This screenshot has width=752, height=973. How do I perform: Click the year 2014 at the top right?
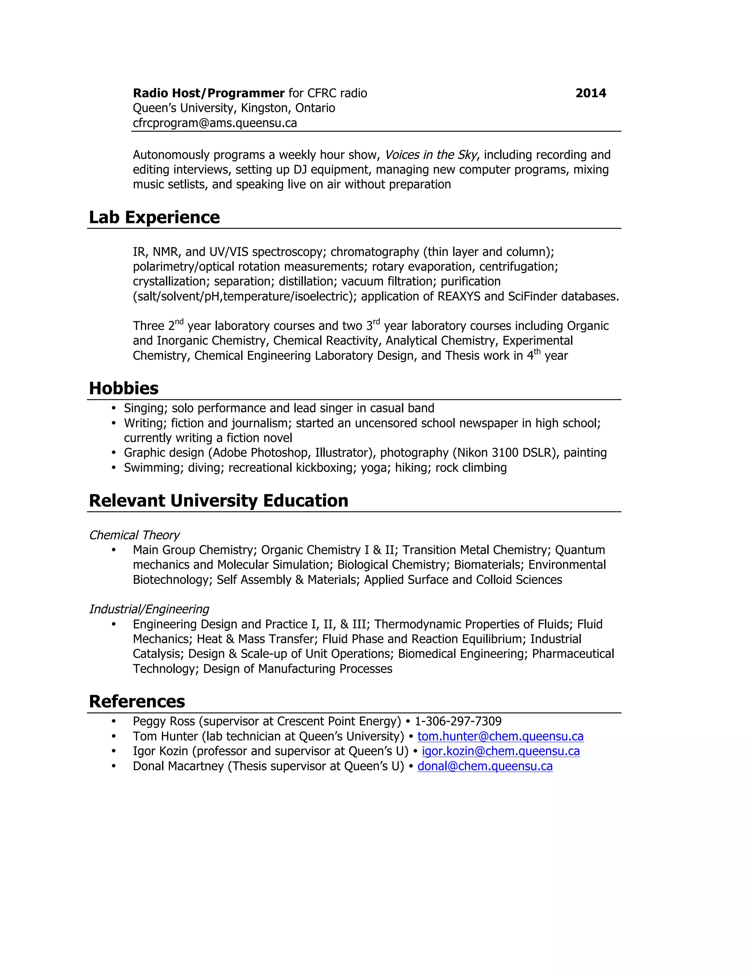pyautogui.click(x=590, y=93)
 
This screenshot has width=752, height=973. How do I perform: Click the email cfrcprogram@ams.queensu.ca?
pyautogui.click(x=215, y=123)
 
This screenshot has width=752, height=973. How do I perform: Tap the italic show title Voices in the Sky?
pyautogui.click(x=430, y=155)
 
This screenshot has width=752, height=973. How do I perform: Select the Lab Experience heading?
pyautogui.click(x=154, y=217)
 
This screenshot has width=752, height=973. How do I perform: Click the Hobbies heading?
pyautogui.click(x=123, y=388)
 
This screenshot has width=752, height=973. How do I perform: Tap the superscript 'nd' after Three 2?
pyautogui.click(x=179, y=322)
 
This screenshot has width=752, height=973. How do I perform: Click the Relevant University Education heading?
pyautogui.click(x=218, y=501)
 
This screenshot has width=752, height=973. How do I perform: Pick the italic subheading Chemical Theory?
pyautogui.click(x=134, y=535)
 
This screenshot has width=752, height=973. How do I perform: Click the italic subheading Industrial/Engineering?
pyautogui.click(x=149, y=609)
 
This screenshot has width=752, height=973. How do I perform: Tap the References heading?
pyautogui.click(x=137, y=702)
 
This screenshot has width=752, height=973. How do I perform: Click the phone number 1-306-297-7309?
pyautogui.click(x=458, y=721)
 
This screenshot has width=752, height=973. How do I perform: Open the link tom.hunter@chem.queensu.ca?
pyautogui.click(x=500, y=737)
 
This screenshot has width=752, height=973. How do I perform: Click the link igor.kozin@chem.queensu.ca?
pyautogui.click(x=500, y=751)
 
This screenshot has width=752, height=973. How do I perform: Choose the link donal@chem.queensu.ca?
pyautogui.click(x=485, y=766)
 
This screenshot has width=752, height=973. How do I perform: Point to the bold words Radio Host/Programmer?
pyautogui.click(x=209, y=93)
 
